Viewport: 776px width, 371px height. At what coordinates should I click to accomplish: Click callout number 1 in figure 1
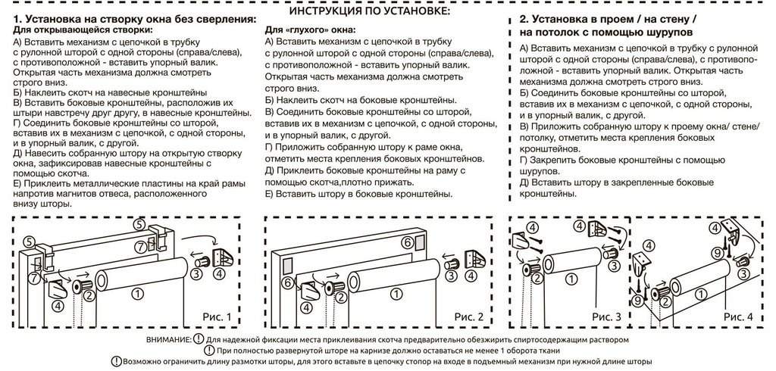click(x=136, y=291)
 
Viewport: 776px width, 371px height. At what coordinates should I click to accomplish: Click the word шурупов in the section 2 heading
click(x=662, y=34)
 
